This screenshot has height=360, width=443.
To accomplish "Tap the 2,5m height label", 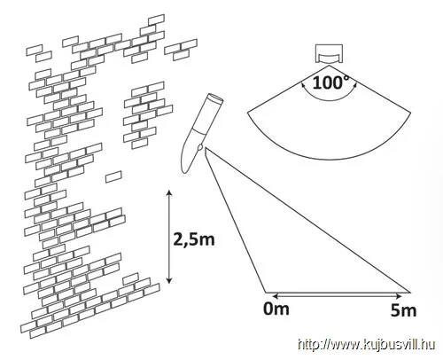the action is pyautogui.click(x=194, y=239).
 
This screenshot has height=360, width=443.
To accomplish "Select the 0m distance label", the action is pyautogui.click(x=276, y=309).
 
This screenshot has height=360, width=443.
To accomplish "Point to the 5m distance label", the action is pyautogui.click(x=403, y=310).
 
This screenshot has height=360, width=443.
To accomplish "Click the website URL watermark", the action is pyautogui.click(x=366, y=345).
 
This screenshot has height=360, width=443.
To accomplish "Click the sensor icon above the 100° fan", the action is pyautogui.click(x=330, y=53).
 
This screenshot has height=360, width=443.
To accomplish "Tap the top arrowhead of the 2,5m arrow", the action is pyautogui.click(x=169, y=192).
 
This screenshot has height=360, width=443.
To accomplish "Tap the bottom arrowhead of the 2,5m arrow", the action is pyautogui.click(x=169, y=280).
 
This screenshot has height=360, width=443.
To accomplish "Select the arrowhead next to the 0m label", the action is pyautogui.click(x=276, y=295).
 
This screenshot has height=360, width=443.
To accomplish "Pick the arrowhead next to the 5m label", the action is pyautogui.click(x=399, y=295).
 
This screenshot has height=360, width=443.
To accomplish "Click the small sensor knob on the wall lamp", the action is pyautogui.click(x=200, y=147).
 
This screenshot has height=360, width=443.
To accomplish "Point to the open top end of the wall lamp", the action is pyautogui.click(x=215, y=98).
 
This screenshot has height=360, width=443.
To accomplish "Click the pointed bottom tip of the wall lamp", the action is pyautogui.click(x=185, y=171).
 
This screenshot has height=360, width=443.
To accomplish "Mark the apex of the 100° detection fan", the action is pyautogui.click(x=329, y=66).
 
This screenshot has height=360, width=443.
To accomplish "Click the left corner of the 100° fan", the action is pyautogui.click(x=247, y=113).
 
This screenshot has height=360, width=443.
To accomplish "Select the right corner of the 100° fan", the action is pyautogui.click(x=410, y=113).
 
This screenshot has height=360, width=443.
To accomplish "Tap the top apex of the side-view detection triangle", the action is pyautogui.click(x=206, y=148).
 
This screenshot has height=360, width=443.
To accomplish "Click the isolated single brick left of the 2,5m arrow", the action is pyautogui.click(x=113, y=176).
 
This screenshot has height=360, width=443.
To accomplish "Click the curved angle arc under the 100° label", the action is pyautogui.click(x=329, y=100).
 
